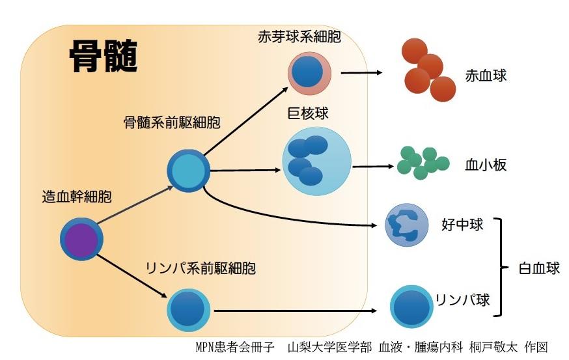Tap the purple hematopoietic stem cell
82,239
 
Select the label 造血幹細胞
76,197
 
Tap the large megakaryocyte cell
316,161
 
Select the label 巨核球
308,114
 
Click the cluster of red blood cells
427,70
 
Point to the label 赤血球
486,76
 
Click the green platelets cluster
422,163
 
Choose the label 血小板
486,165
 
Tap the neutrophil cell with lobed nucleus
404,225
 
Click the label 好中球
462,225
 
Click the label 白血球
539,268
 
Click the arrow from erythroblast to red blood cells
361,72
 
